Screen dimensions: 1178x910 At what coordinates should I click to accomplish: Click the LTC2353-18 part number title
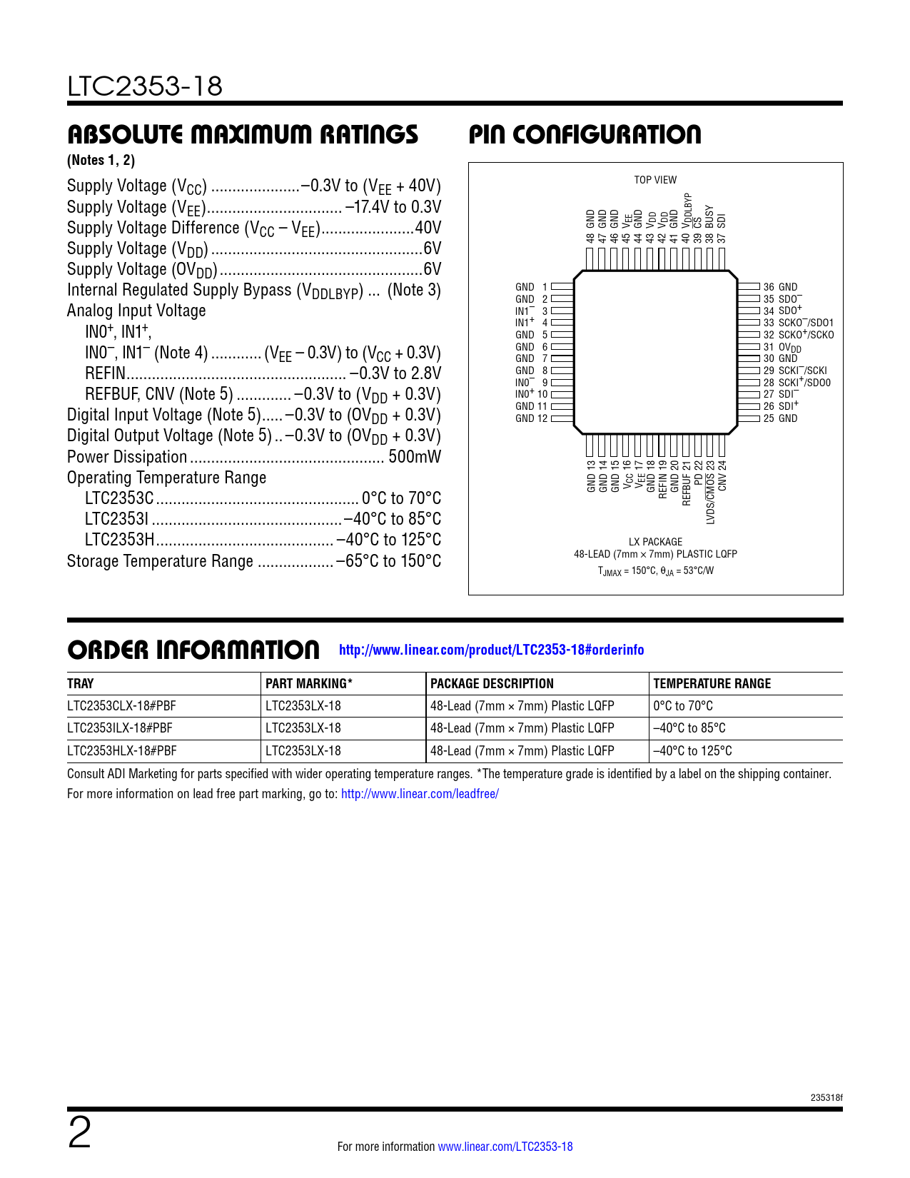pyautogui.click(x=145, y=86)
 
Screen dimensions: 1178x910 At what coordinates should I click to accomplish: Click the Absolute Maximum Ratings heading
pyautogui.click(x=243, y=134)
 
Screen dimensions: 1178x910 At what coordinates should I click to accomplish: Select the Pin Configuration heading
pyautogui.click(x=585, y=134)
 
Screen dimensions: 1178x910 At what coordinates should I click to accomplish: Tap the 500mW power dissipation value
pyautogui.click(x=414, y=457)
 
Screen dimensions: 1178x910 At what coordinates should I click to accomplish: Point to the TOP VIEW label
pyautogui.click(x=655, y=180)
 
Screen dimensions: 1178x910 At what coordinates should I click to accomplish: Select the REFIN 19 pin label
pyautogui.click(x=663, y=479)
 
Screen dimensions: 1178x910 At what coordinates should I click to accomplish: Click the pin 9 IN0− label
pyautogui.click(x=531, y=383)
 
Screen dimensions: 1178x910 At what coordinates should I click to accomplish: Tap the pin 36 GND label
pyautogui.click(x=780, y=287)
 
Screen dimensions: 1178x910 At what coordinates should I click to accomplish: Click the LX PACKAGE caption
pyautogui.click(x=655, y=542)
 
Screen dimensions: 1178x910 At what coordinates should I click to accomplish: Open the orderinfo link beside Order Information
pyautogui.click(x=491, y=650)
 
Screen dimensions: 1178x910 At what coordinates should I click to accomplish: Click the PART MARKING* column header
pyautogui.click(x=309, y=683)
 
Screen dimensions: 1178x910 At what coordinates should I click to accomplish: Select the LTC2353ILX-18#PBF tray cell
pyautogui.click(x=121, y=728)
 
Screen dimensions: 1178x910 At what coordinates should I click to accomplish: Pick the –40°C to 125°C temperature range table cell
pyautogui.click(x=692, y=751)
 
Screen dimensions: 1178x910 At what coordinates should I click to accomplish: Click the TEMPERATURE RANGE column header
pyautogui.click(x=712, y=683)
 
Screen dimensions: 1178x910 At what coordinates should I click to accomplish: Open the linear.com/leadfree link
pyautogui.click(x=420, y=794)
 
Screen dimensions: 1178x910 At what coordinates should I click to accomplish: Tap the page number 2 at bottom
pyautogui.click(x=80, y=1133)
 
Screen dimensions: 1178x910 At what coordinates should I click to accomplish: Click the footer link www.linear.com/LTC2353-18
pyautogui.click(x=505, y=1147)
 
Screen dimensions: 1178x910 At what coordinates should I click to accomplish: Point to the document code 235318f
pyautogui.click(x=826, y=1097)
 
